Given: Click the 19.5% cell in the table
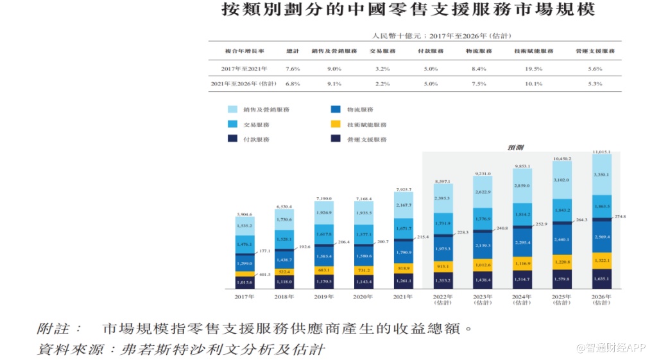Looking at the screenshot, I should pos(534,69).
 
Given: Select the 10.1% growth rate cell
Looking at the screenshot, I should pos(534,84).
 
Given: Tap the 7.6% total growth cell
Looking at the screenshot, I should pos(293,69).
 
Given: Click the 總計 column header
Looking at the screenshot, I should pos(293,51).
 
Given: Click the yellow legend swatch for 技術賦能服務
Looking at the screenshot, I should pos(335,124).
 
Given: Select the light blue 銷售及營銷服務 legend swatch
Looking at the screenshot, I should pos(233,110).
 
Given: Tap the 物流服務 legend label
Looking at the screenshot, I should pos(360,110).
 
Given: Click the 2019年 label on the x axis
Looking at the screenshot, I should pos(323,297).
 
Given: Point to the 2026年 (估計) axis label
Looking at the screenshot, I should pos(601,300).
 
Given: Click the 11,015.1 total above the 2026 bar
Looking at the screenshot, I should pos(601,151).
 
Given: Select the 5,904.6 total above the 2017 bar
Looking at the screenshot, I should pos(244,214).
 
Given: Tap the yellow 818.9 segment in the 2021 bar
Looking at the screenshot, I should pos(403,268).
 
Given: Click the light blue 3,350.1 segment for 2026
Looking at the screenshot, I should pos(601,175).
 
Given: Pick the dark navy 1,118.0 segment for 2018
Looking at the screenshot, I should pos(284,282).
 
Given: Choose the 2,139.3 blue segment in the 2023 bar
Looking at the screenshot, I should pos(483,246).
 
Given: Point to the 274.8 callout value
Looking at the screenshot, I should pos(621,217).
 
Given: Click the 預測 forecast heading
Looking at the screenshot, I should pos(515,148).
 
